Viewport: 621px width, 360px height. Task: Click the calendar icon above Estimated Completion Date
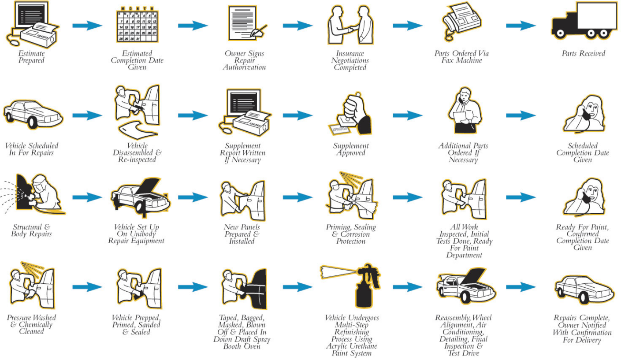point(137,25)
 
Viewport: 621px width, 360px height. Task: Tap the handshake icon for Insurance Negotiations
point(350,25)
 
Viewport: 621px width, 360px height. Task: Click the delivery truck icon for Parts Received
point(584,21)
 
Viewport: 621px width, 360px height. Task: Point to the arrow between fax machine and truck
point(521,26)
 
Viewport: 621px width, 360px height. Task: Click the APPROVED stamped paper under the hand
point(339,129)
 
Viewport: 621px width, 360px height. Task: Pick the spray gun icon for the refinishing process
point(351,286)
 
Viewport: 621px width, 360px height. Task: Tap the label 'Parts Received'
point(583,53)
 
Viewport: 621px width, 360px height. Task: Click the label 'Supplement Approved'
point(351,149)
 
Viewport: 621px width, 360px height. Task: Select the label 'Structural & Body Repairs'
point(31,230)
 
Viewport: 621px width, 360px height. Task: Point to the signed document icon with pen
point(247,23)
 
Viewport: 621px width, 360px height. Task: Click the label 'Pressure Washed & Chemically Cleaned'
point(31,324)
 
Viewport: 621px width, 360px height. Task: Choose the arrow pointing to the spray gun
point(297,287)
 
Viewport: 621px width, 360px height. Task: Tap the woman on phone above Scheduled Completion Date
point(584,114)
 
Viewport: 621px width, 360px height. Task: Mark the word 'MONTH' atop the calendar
point(137,8)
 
